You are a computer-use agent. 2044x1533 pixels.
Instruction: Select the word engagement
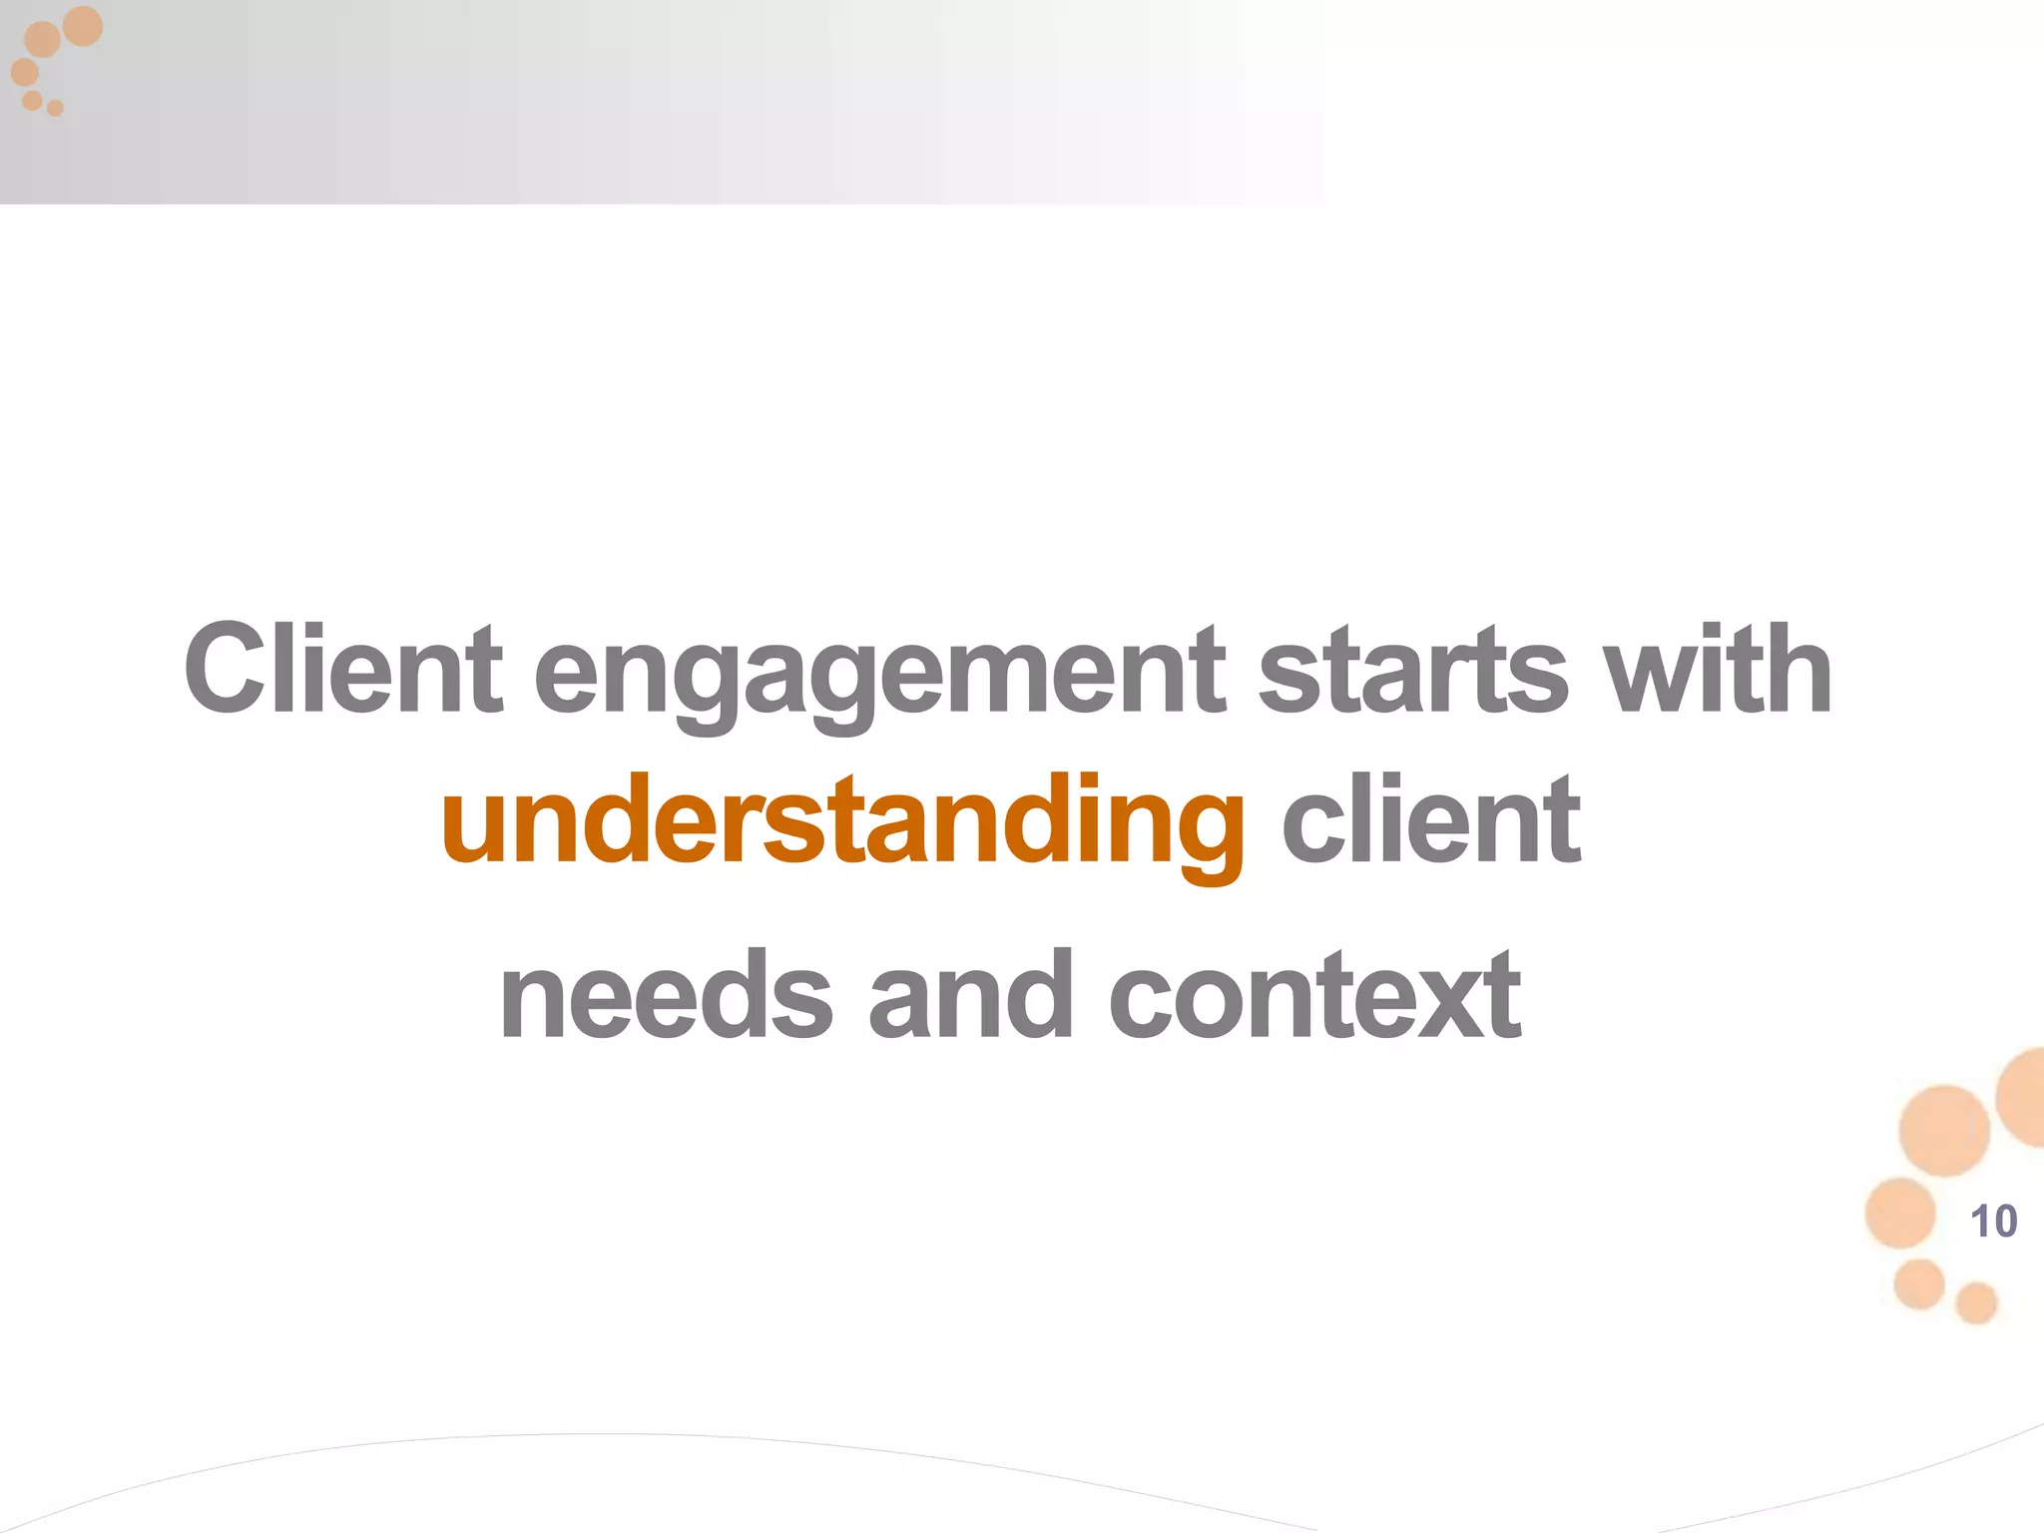pyautogui.click(x=878, y=675)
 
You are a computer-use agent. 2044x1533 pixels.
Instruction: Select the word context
pyautogui.click(x=1315, y=995)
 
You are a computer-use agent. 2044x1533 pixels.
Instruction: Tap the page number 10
pyautogui.click(x=1993, y=1222)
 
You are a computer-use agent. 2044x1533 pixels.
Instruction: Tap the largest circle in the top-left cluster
pyautogui.click(x=83, y=26)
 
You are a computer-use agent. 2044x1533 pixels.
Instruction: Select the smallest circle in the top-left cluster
pyautogui.click(x=56, y=108)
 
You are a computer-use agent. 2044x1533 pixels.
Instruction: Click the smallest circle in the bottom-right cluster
pyautogui.click(x=1976, y=1303)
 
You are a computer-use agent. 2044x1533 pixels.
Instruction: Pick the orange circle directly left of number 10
pyautogui.click(x=1900, y=1213)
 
